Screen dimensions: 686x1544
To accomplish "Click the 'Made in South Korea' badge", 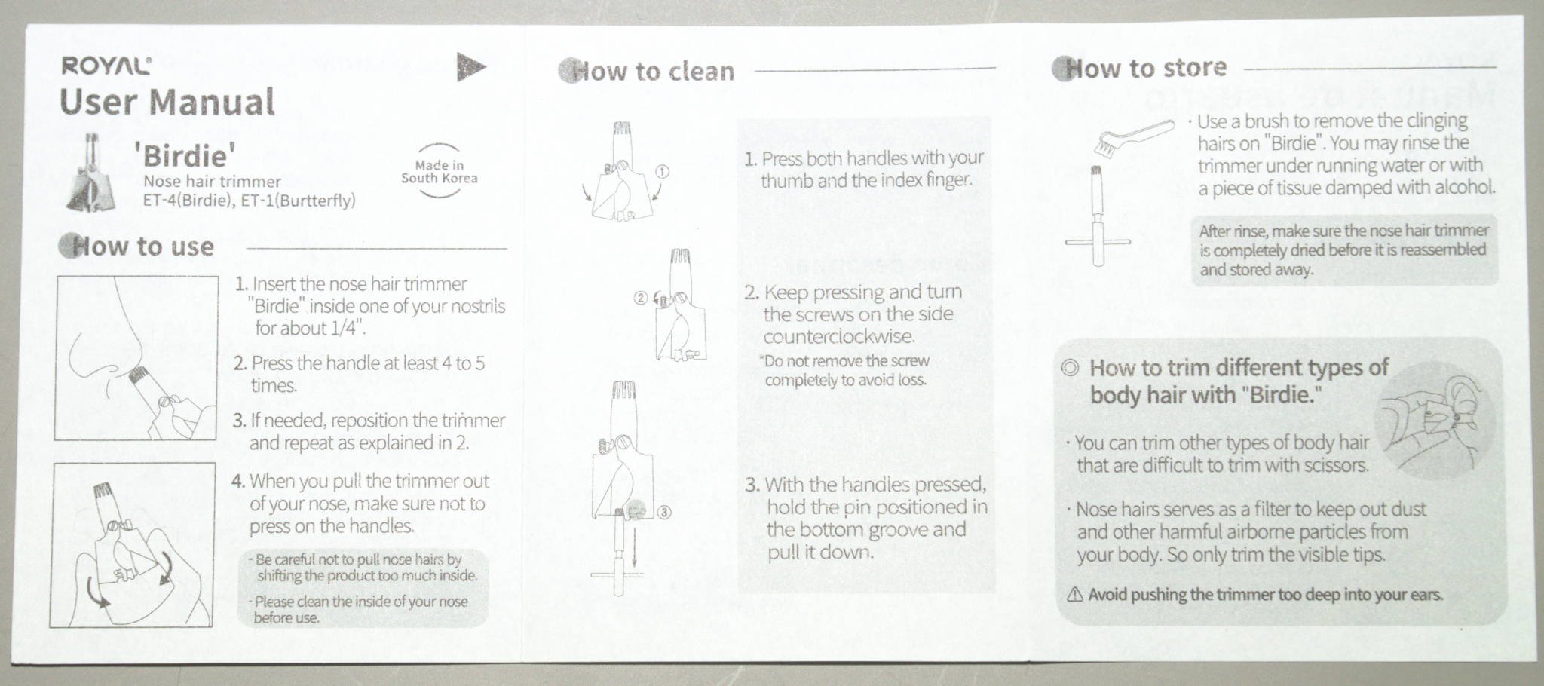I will click(x=439, y=172).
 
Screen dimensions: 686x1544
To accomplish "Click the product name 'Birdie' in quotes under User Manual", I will click(x=185, y=156).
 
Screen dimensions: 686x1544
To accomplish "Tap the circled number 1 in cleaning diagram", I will click(x=663, y=171).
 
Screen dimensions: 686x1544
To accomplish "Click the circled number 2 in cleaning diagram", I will click(x=640, y=297).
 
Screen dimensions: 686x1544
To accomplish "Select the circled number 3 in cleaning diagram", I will click(x=664, y=513).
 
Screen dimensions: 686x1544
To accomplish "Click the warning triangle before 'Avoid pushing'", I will click(x=1075, y=595).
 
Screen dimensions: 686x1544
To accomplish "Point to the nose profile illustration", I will click(x=136, y=357).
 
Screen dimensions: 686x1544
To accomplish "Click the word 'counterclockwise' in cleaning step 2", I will click(x=839, y=336).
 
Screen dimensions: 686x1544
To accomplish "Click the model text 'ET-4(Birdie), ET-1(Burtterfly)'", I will click(x=249, y=201).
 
